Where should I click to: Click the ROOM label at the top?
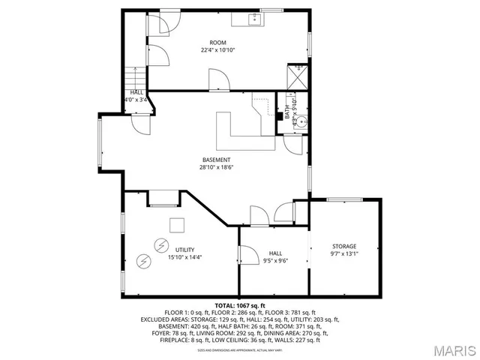click(x=217, y=42)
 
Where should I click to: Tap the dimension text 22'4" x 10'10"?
click(x=217, y=50)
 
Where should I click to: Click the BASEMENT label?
click(x=216, y=160)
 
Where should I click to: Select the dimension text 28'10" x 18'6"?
click(x=216, y=168)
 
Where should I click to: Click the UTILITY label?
click(x=184, y=249)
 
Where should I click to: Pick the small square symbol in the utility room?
click(x=176, y=225)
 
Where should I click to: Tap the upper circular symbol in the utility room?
click(x=160, y=244)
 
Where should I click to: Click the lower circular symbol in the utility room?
click(x=143, y=261)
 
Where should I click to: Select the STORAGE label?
click(x=344, y=246)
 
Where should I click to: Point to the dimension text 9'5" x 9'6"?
click(x=275, y=262)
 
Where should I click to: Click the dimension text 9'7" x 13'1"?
click(x=344, y=253)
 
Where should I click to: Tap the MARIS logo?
click(x=452, y=349)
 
